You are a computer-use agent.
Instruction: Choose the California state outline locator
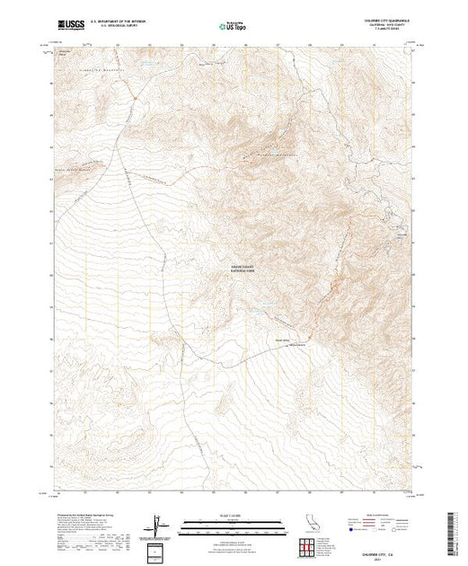point(305,523)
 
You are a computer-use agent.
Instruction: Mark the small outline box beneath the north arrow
point(160,550)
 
